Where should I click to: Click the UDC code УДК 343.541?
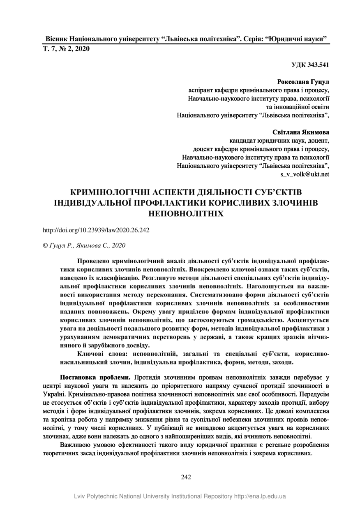pos(310,65)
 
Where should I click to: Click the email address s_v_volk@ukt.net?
pos(305,174)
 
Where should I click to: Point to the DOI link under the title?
pos(96,230)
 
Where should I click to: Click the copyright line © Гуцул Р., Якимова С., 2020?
pos(84,245)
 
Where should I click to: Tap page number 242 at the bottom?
pos(186,477)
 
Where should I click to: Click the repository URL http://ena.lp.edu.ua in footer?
pos(260,496)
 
